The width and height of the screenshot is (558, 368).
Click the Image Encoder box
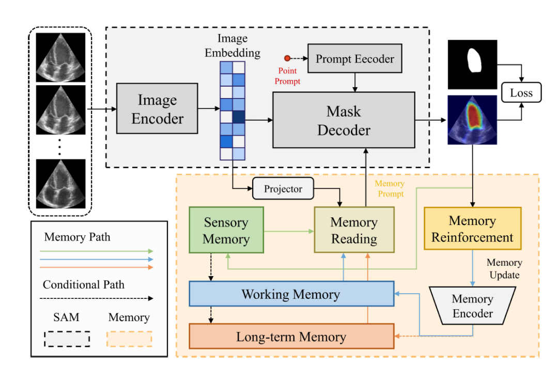coord(158,109)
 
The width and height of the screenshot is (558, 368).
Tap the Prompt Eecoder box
coord(354,58)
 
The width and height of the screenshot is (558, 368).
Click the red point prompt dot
coord(287,58)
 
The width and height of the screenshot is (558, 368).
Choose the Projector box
coord(283,189)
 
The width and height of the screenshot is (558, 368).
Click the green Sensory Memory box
coord(226,230)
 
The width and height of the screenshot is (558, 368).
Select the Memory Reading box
coord(354,230)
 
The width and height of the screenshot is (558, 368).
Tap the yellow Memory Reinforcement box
coord(472,229)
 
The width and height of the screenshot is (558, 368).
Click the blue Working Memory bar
coord(291,294)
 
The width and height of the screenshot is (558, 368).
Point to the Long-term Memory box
coord(291,337)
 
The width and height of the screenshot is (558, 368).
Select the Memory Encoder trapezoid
coord(472,306)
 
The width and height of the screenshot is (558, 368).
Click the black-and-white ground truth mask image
coord(472,64)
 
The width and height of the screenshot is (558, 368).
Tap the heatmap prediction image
coord(472,120)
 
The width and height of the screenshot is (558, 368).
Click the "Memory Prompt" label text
coord(390,188)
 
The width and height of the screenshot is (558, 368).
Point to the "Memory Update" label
coord(504,268)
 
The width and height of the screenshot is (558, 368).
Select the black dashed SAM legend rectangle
coord(67,338)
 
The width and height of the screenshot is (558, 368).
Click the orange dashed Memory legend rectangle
coord(129,338)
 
